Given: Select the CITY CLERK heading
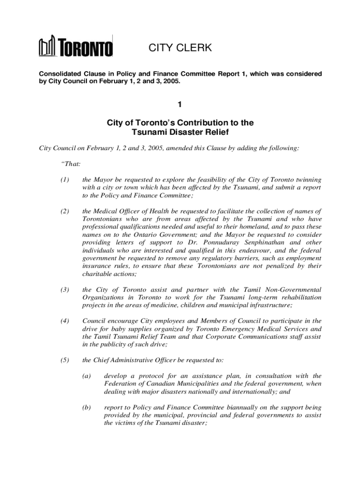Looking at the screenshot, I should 180,48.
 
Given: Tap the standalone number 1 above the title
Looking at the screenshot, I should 180,106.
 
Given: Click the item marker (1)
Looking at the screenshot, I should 65,180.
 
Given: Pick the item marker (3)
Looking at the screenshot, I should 65,290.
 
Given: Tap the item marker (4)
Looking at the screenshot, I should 65,321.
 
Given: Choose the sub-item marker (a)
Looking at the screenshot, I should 86,376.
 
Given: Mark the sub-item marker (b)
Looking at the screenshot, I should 86,407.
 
